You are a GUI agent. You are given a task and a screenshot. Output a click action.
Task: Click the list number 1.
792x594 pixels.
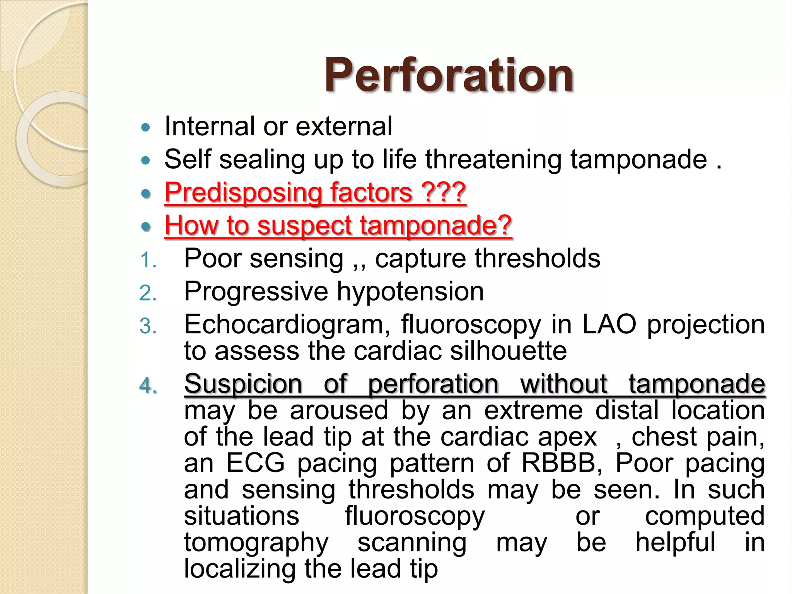tap(148, 260)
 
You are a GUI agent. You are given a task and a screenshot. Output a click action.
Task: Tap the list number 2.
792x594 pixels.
tap(148, 293)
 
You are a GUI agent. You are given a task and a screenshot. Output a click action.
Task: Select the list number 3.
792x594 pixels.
tap(148, 326)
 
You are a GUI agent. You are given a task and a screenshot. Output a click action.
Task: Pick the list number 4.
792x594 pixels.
tap(148, 386)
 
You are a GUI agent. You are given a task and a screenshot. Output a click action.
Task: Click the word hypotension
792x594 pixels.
tap(410, 291)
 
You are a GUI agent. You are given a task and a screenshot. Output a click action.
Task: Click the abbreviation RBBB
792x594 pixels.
tap(562, 463)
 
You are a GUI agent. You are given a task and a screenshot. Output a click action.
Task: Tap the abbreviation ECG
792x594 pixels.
tap(255, 463)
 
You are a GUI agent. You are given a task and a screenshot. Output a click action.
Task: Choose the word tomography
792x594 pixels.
tap(256, 543)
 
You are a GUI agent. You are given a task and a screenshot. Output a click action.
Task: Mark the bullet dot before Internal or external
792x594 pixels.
tap(145, 127)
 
